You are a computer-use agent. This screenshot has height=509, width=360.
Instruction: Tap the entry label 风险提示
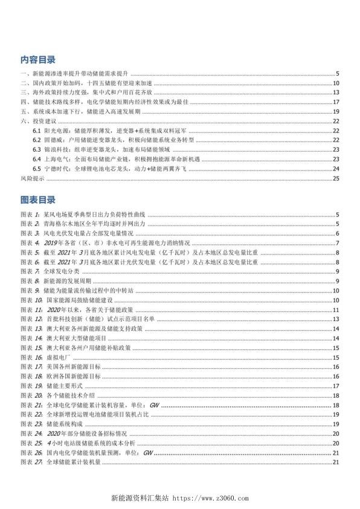[x=32, y=179]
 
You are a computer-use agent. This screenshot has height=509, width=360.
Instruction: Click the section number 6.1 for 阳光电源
[x=37, y=131]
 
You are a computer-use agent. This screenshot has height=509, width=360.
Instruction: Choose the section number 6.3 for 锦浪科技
[x=37, y=149]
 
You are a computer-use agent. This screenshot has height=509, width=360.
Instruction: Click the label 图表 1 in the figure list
[x=30, y=215]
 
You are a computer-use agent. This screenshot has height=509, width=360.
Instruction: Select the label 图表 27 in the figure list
[x=31, y=462]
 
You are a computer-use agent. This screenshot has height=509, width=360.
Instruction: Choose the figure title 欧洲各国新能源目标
[x=70, y=376]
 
